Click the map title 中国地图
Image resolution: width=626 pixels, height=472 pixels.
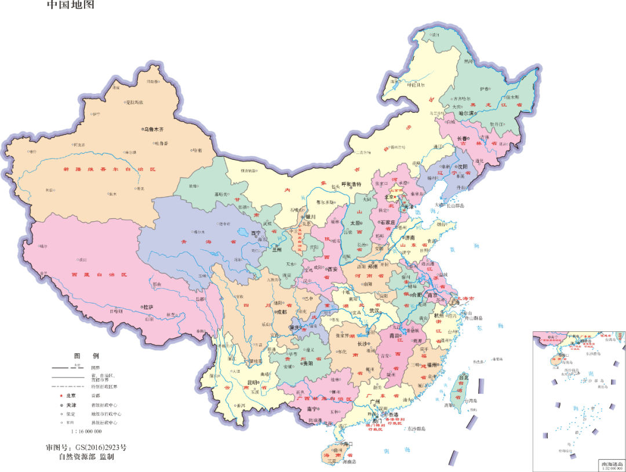(x=70, y=5)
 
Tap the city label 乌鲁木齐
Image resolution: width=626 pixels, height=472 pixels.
(x=158, y=130)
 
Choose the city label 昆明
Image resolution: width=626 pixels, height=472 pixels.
(x=252, y=382)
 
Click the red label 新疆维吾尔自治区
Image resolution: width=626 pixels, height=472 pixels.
(x=110, y=169)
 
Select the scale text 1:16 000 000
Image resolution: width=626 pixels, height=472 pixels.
(x=86, y=431)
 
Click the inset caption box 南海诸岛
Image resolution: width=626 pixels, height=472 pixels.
(x=612, y=464)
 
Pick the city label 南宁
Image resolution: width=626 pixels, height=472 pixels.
(x=311, y=409)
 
